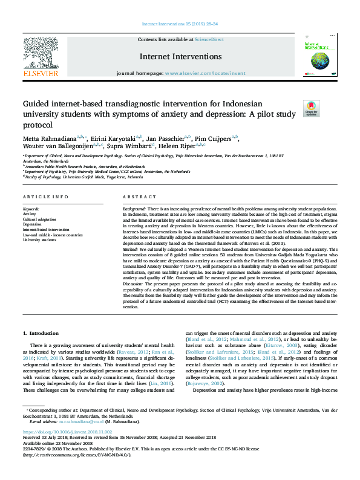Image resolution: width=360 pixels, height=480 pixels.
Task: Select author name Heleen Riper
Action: coord(178,145)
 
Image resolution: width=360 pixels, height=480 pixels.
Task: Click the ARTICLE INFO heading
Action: coord(46,198)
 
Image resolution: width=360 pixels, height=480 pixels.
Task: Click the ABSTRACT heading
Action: coord(140,198)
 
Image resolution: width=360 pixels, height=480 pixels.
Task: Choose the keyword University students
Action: coord(39,240)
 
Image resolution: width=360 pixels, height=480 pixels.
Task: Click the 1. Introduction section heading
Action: coord(41,333)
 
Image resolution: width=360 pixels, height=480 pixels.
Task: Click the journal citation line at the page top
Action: coord(180,24)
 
